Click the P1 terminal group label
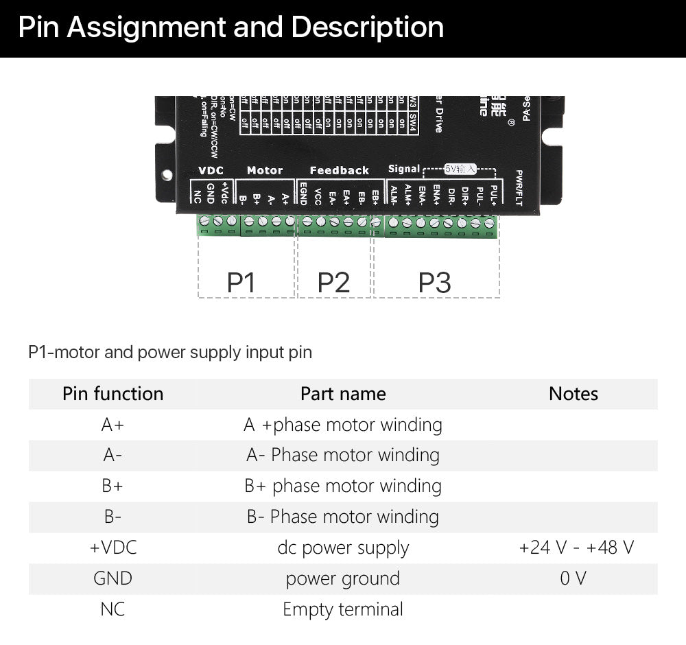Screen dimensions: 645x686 click(x=241, y=282)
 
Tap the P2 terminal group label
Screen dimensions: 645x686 click(x=333, y=282)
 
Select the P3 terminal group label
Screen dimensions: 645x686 click(x=435, y=282)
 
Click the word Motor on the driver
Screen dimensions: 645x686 click(x=265, y=170)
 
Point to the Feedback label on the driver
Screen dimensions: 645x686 click(x=339, y=170)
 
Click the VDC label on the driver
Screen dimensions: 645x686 click(x=211, y=170)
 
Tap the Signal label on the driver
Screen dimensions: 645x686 click(x=403, y=169)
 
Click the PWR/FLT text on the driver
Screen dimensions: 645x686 click(x=519, y=187)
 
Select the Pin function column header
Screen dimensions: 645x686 click(x=113, y=394)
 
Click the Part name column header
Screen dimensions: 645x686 click(x=343, y=394)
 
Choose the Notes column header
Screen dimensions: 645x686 click(x=573, y=394)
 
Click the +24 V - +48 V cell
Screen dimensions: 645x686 click(x=576, y=548)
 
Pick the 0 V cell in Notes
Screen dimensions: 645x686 click(x=573, y=578)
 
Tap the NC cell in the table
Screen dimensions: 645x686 click(x=113, y=609)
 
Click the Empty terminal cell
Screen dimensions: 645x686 click(x=343, y=609)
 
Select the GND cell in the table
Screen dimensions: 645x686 click(x=113, y=578)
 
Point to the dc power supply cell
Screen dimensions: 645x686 click(x=343, y=548)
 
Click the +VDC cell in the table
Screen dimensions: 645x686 click(x=113, y=548)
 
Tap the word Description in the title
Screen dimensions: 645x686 click(x=367, y=28)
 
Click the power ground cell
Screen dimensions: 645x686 click(x=343, y=579)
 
